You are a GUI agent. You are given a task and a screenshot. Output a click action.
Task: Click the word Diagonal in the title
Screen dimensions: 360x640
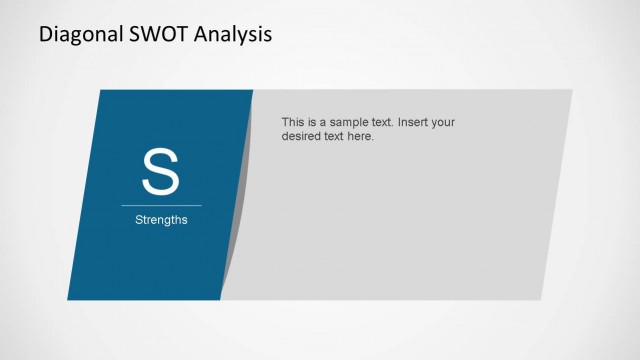[x=78, y=36]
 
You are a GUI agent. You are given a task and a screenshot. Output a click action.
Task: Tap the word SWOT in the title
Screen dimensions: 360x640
[x=156, y=36]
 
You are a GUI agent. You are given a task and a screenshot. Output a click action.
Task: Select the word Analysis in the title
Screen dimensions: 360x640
[x=233, y=36]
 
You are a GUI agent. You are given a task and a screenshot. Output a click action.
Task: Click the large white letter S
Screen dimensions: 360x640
[x=161, y=172]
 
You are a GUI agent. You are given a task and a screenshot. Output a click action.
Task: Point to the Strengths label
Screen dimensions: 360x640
[x=161, y=220]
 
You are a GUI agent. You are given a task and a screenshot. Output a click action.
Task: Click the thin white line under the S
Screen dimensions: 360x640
[x=161, y=205]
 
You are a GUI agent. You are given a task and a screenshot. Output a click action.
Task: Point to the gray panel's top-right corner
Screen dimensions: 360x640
[x=572, y=91]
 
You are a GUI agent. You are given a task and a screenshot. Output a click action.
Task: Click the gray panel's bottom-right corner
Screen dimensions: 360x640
[x=540, y=299]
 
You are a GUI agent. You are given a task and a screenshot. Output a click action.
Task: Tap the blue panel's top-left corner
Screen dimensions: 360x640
[x=101, y=91]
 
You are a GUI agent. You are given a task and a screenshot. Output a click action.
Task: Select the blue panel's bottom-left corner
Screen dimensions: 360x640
[x=70, y=299]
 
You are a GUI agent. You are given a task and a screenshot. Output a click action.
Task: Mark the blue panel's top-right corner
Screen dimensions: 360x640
[x=253, y=91]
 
